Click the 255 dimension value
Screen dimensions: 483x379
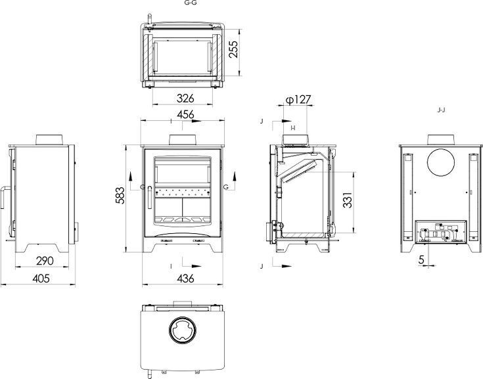coord(234,49)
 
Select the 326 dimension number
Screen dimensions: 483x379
coord(185,99)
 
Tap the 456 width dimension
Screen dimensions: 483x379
coord(185,114)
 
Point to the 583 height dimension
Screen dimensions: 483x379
coord(120,195)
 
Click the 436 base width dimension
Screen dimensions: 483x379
coord(185,279)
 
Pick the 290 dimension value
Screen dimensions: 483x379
coord(45,261)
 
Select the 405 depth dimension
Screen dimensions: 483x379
coord(41,279)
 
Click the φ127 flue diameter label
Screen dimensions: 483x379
coord(298,100)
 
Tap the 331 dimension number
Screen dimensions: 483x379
coord(348,200)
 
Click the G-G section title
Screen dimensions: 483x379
coord(191,3)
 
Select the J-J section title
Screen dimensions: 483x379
coord(442,110)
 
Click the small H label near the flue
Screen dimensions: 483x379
coord(293,128)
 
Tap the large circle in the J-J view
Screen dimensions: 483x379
coord(441,162)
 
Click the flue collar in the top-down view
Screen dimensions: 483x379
coord(183,330)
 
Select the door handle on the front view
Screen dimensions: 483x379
coord(149,198)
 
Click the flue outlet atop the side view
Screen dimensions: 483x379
coord(49,140)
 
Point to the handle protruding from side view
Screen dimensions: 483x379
coord(5,197)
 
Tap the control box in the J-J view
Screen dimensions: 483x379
coord(441,231)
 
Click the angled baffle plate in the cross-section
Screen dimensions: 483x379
coord(298,172)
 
